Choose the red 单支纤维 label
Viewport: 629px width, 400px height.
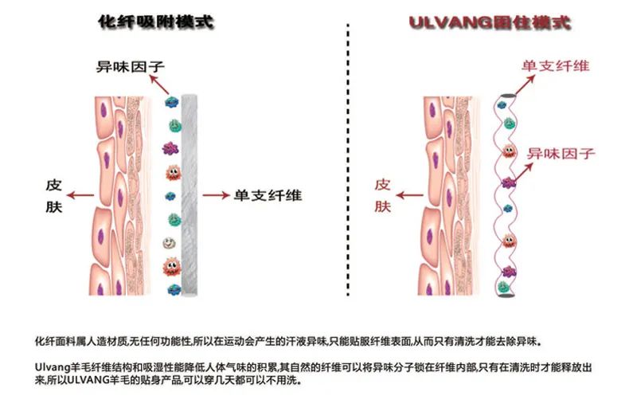pos(555,65)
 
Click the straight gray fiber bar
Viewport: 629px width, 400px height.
pos(189,191)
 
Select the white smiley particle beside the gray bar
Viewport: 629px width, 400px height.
pos(170,242)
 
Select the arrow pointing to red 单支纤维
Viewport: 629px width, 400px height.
pos(514,80)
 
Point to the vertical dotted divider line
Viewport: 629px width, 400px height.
pos(349,159)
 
